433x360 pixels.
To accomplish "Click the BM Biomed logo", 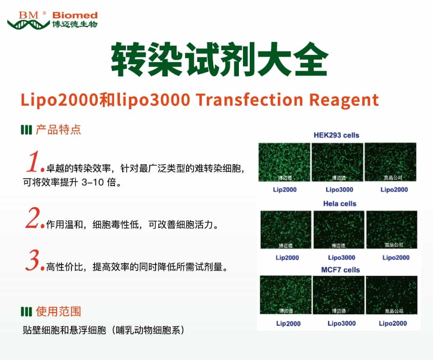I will click(52, 19).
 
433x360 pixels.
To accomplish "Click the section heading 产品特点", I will click(58, 130).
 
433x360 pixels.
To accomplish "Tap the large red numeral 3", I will click(34, 261).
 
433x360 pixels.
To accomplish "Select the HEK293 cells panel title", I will click(336, 135).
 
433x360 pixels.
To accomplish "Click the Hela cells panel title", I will click(339, 204).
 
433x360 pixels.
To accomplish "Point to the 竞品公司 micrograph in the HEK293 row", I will click(390, 162).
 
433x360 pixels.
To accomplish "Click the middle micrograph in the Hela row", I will click(338, 230).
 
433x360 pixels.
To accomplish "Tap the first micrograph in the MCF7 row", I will click(285, 295).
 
